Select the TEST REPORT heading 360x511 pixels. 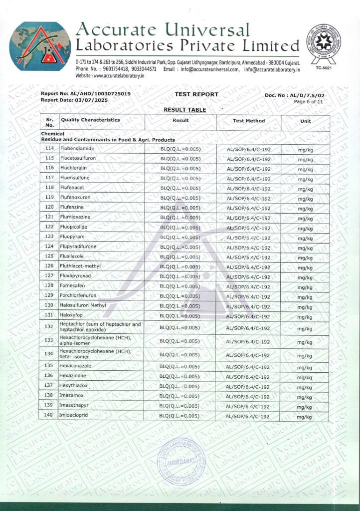[196, 94]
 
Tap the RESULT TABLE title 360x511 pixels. [184, 109]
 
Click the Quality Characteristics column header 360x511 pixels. [90, 120]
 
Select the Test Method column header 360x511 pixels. [248, 121]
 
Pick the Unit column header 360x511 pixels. [305, 121]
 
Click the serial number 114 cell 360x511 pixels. [49, 149]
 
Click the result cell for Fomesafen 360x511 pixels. [180, 286]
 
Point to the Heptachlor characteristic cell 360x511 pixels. [100, 327]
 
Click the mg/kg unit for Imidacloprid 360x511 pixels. [305, 416]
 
